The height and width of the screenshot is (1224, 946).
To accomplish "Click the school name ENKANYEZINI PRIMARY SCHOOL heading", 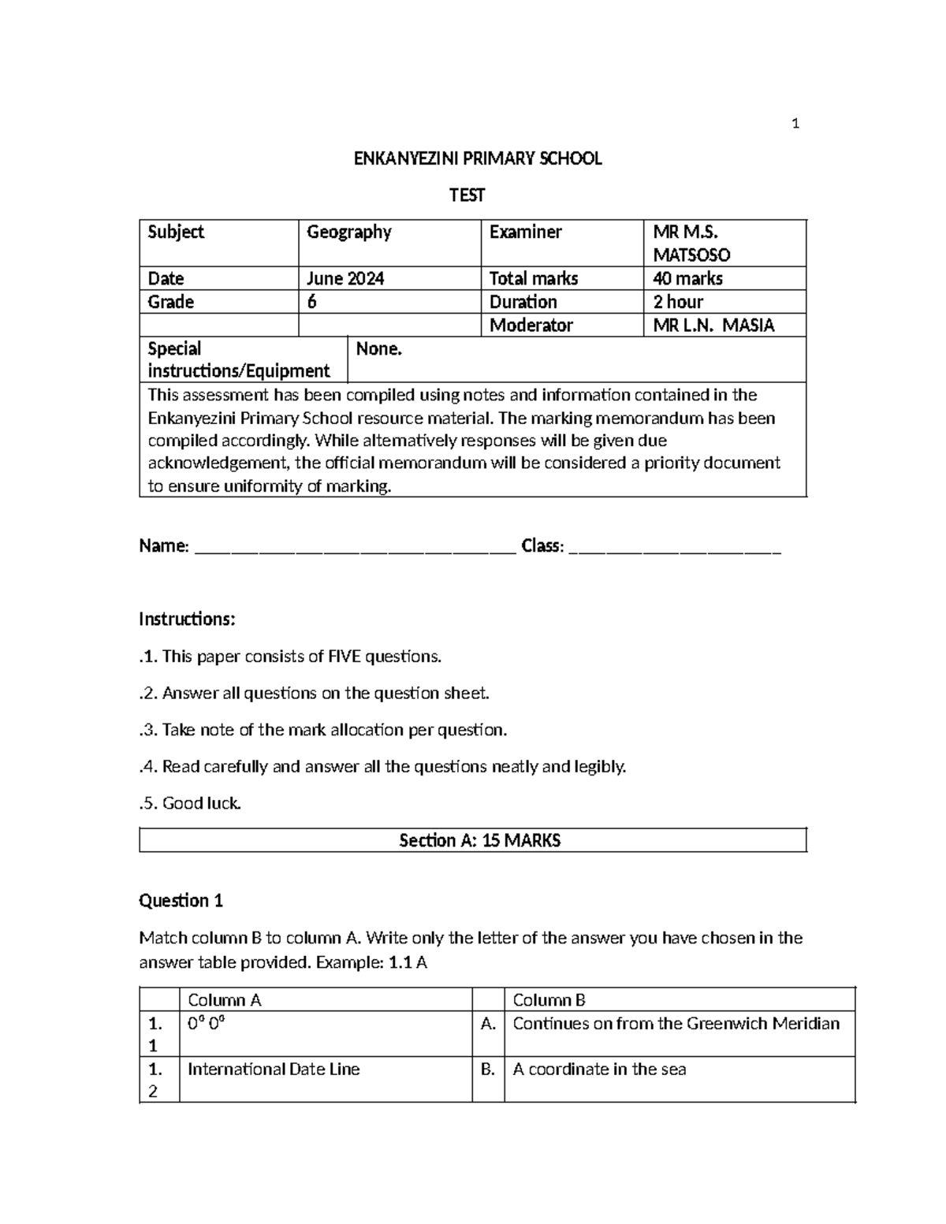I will pos(477,158).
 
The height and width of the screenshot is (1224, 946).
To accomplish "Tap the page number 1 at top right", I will pos(795,123).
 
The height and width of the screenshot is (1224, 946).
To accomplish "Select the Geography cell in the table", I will pos(349,232).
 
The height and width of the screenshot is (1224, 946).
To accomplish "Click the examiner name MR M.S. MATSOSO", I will pos(691,243).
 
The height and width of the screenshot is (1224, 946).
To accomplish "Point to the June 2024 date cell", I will pos(345,278).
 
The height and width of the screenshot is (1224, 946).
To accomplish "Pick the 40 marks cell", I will pos(687,278).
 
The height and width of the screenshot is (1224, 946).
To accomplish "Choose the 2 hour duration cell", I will pos(678,302).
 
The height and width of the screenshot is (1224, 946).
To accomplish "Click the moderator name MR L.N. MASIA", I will pos(713,325).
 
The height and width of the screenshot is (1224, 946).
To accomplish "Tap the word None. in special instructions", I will pos(379,349).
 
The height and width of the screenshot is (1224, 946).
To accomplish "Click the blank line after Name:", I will pos(355,547).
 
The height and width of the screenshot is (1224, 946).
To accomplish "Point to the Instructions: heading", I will pos(187,619).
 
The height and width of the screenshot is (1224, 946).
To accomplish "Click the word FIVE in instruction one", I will pos(346,657).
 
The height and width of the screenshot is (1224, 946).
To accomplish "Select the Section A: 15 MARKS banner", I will pos(479,840).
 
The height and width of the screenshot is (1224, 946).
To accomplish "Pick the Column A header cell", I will pos(224,1000).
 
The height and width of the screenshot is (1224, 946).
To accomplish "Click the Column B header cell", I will pos(549,1000).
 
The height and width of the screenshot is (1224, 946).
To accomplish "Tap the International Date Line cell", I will pos(274,1070).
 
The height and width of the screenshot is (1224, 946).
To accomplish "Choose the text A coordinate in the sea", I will pos(599,1070).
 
